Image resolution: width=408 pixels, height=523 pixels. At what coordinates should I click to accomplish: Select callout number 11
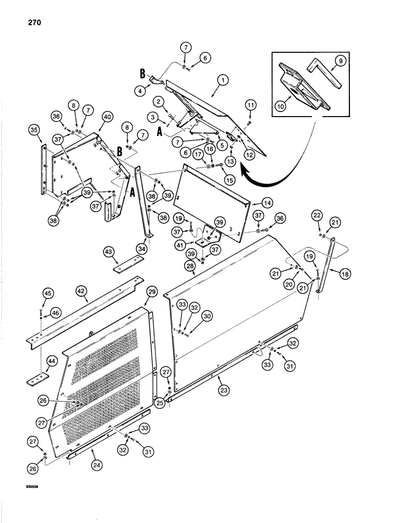pos(250,106)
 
